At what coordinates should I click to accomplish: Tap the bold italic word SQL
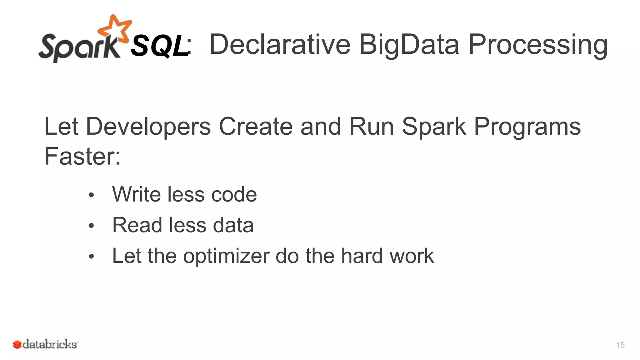(x=159, y=46)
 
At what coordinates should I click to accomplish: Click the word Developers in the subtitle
(x=148, y=127)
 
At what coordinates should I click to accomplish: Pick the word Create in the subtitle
(x=256, y=126)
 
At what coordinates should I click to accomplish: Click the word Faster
(x=82, y=156)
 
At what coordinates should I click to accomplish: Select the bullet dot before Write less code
(x=91, y=195)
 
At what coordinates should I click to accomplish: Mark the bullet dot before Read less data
(x=91, y=226)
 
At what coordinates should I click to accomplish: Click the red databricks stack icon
(x=17, y=344)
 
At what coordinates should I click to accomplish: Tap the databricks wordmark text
(x=50, y=344)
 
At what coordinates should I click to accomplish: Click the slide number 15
(x=620, y=345)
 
